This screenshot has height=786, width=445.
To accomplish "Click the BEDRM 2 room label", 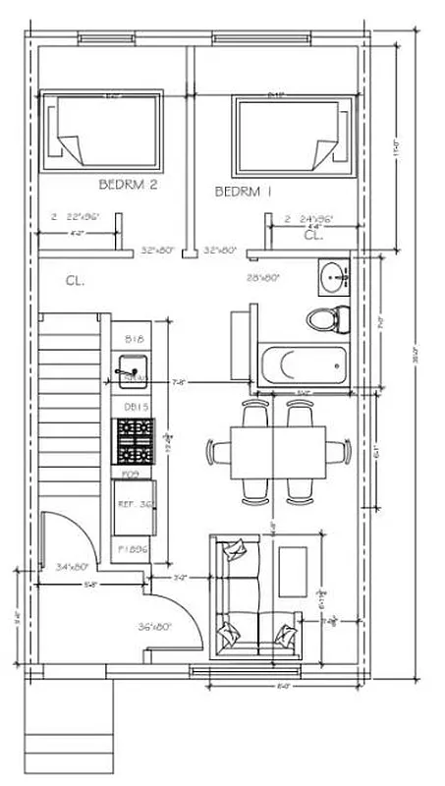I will (129, 184).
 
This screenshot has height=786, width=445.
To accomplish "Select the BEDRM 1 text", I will (243, 192).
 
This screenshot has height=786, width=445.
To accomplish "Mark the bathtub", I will (304, 365).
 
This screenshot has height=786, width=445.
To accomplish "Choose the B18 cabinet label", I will (130, 339).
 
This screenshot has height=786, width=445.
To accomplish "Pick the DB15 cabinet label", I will (130, 407).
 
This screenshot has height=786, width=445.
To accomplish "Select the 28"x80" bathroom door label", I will (264, 278).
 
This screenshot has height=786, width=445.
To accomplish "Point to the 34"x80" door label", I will (73, 566).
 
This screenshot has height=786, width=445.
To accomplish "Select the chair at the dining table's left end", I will (216, 452).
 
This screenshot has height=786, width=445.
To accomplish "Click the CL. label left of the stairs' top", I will (75, 279).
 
